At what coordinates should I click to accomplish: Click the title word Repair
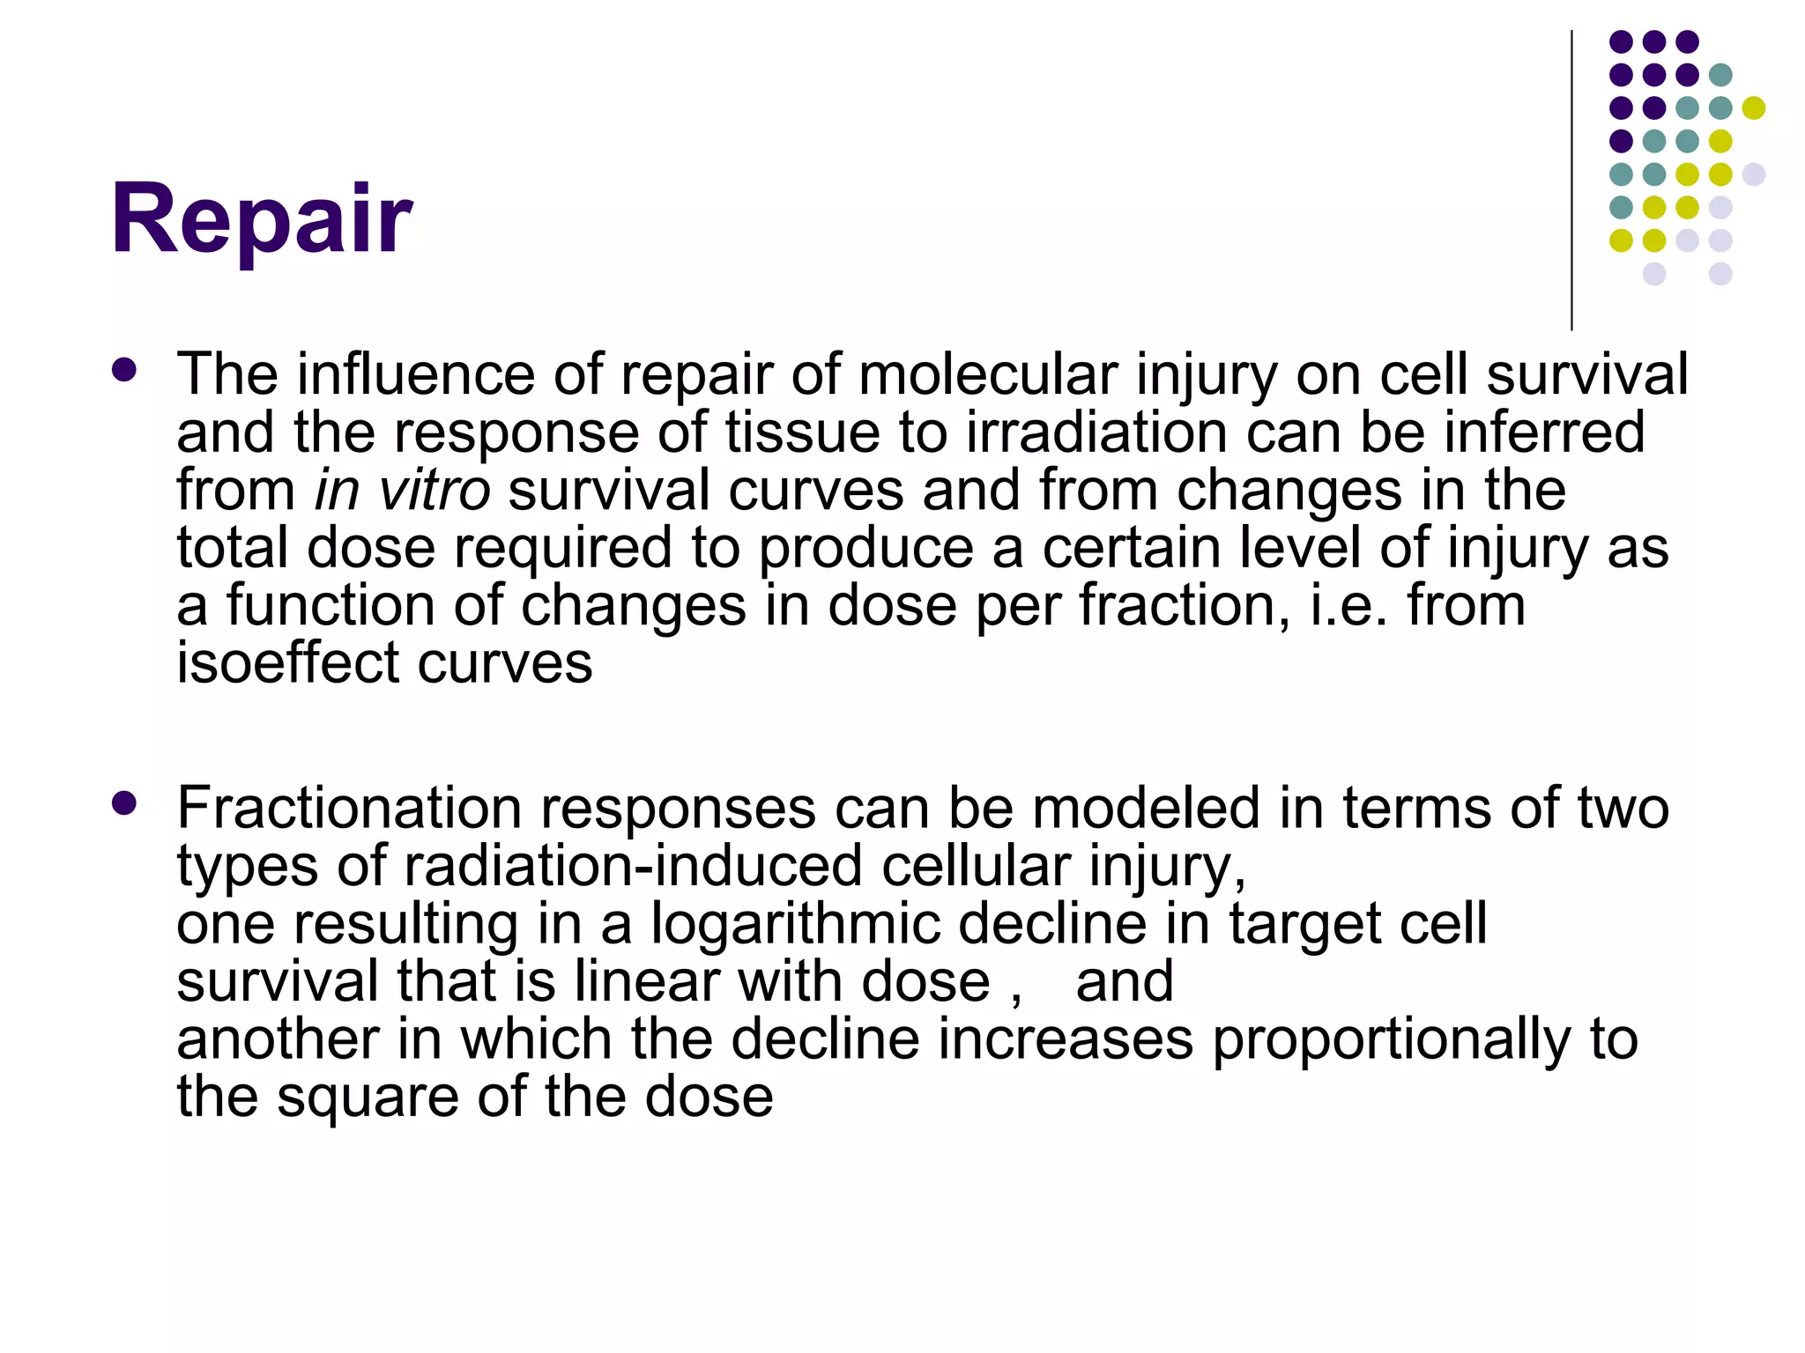(x=262, y=218)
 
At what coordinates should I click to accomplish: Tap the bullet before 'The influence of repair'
(x=125, y=370)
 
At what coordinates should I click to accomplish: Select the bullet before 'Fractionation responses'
(x=125, y=802)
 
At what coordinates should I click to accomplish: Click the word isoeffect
(x=287, y=662)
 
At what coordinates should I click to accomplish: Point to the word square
(x=368, y=1098)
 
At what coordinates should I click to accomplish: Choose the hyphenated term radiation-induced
(x=634, y=866)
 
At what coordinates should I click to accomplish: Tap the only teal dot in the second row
(x=1720, y=75)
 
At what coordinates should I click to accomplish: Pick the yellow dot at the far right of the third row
(x=1753, y=108)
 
